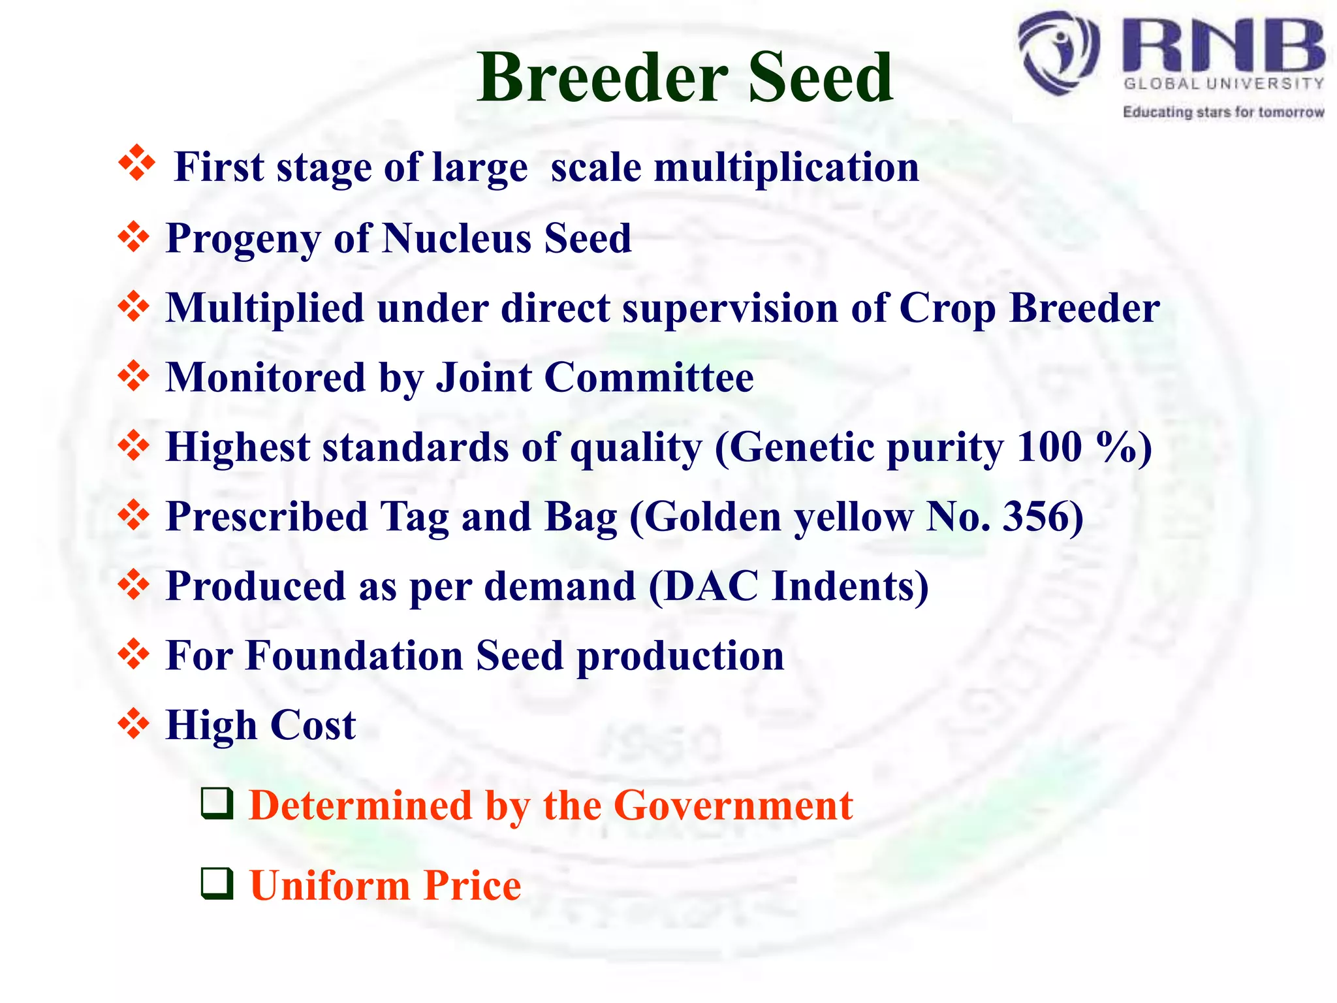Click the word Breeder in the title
pos(602,78)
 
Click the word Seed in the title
pos(821,78)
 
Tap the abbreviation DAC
pos(712,586)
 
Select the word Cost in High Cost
pos(313,725)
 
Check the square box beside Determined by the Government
pos(217,803)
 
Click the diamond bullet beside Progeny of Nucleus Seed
pos(134,237)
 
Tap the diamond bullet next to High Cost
pos(134,724)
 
